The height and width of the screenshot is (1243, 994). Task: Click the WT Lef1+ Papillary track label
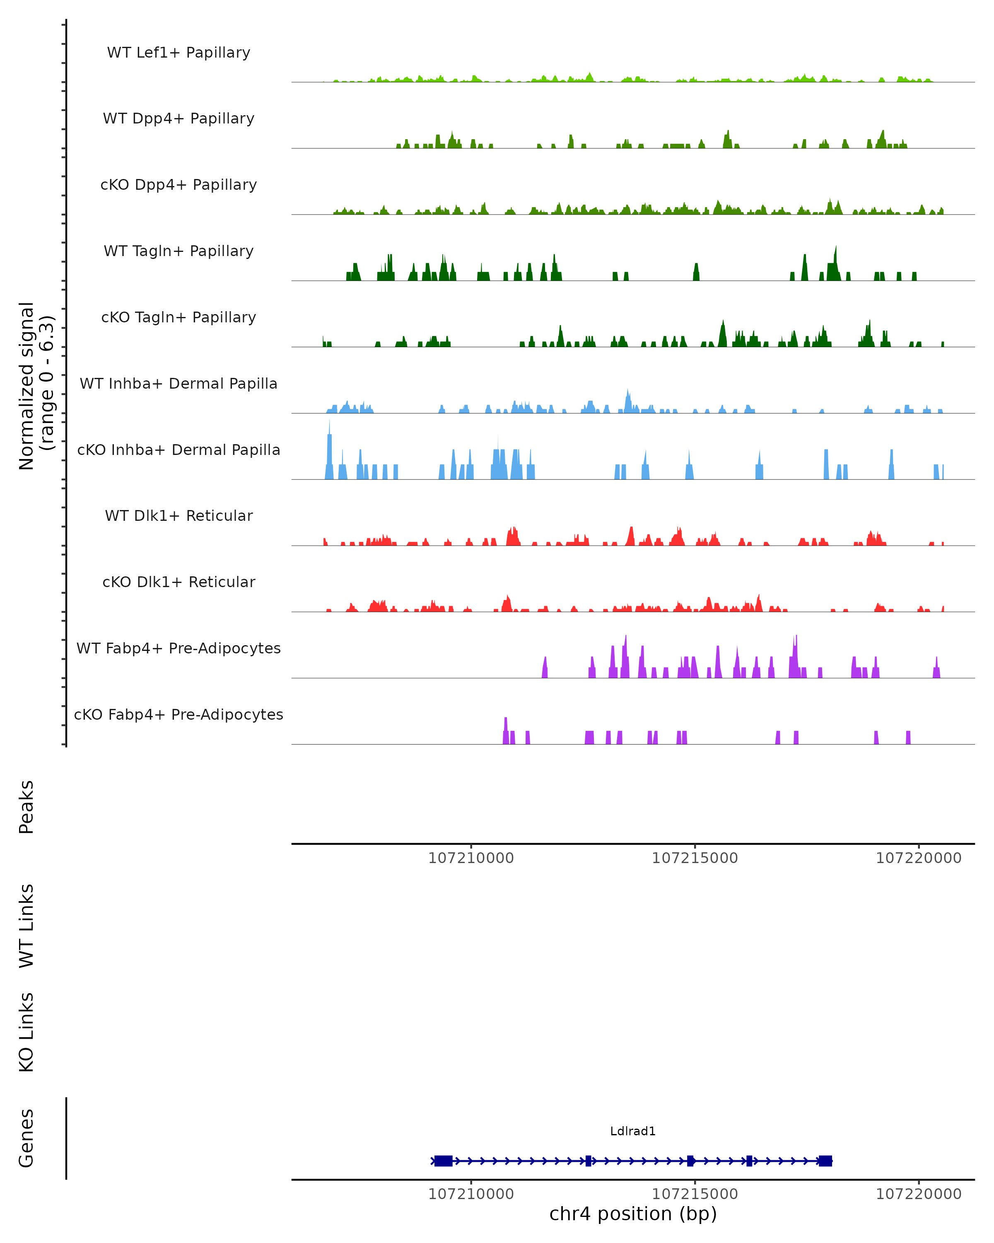click(179, 53)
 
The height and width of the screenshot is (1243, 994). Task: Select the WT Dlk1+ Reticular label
click(179, 515)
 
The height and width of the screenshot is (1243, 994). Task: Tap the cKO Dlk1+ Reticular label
click(179, 582)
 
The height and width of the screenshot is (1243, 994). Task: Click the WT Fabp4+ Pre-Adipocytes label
click(179, 648)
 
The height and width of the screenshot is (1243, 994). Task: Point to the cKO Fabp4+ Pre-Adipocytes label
click(179, 714)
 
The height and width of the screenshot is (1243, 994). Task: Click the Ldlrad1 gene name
click(633, 1131)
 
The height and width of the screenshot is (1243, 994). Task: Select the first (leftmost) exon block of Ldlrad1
click(443, 1161)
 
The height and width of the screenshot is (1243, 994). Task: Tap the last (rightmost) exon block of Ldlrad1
click(825, 1161)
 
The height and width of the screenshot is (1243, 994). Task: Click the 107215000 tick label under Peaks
click(695, 858)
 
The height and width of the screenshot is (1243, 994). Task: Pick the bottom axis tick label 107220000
click(919, 1195)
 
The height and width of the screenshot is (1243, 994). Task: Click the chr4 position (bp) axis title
click(633, 1214)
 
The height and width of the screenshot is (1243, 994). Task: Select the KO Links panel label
click(27, 1033)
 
